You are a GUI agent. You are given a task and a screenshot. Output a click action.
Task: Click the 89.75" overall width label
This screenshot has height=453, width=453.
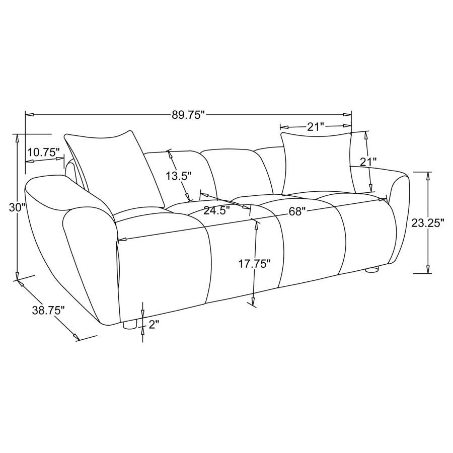(189, 115)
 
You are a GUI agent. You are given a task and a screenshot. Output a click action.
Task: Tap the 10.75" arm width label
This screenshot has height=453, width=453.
(44, 152)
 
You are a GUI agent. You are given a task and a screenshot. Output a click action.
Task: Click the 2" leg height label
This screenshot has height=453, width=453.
(154, 325)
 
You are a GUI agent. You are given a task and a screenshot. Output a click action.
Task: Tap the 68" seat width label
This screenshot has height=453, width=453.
(297, 211)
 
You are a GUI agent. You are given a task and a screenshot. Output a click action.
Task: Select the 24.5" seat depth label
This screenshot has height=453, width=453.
(216, 210)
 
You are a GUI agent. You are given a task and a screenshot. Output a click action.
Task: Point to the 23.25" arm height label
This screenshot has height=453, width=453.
(427, 223)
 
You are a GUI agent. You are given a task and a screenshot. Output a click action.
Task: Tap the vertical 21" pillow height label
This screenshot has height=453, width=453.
(368, 162)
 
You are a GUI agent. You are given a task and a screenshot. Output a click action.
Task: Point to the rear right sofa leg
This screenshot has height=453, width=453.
(371, 270)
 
